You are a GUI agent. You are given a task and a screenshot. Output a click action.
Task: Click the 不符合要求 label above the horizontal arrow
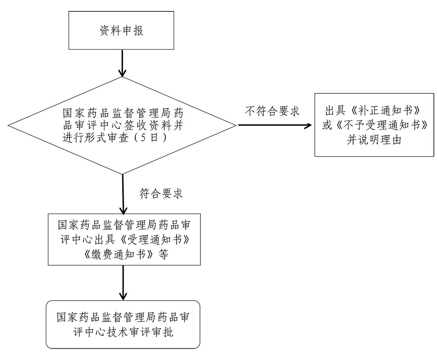tap(272, 111)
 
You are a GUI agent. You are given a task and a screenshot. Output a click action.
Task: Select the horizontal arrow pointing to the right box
tap(275, 126)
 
